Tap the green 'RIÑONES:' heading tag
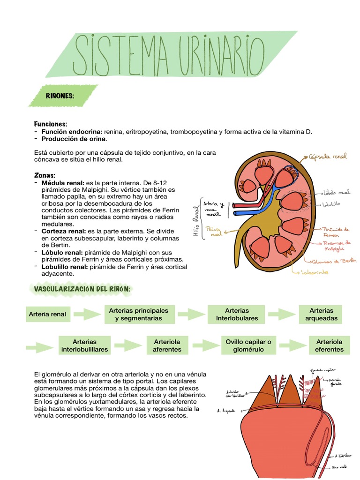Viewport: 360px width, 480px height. [60, 96]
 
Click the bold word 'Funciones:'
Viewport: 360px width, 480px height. [51, 124]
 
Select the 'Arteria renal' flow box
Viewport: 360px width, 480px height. [47, 314]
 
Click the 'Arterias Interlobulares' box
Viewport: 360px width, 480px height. [237, 314]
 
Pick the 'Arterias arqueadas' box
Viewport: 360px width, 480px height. [321, 314]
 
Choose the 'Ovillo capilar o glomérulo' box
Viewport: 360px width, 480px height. [248, 345]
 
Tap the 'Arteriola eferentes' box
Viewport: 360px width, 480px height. [329, 345]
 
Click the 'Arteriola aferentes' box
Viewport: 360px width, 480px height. [166, 345]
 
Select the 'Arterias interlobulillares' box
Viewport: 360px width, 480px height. [84, 345]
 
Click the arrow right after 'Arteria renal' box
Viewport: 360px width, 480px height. [87, 314]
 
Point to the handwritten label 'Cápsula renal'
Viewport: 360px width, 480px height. [328, 157]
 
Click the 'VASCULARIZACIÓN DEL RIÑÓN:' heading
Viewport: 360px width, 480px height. [82, 289]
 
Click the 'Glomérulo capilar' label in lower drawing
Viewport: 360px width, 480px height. [323, 370]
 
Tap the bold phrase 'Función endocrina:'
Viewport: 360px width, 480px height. [72, 132]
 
